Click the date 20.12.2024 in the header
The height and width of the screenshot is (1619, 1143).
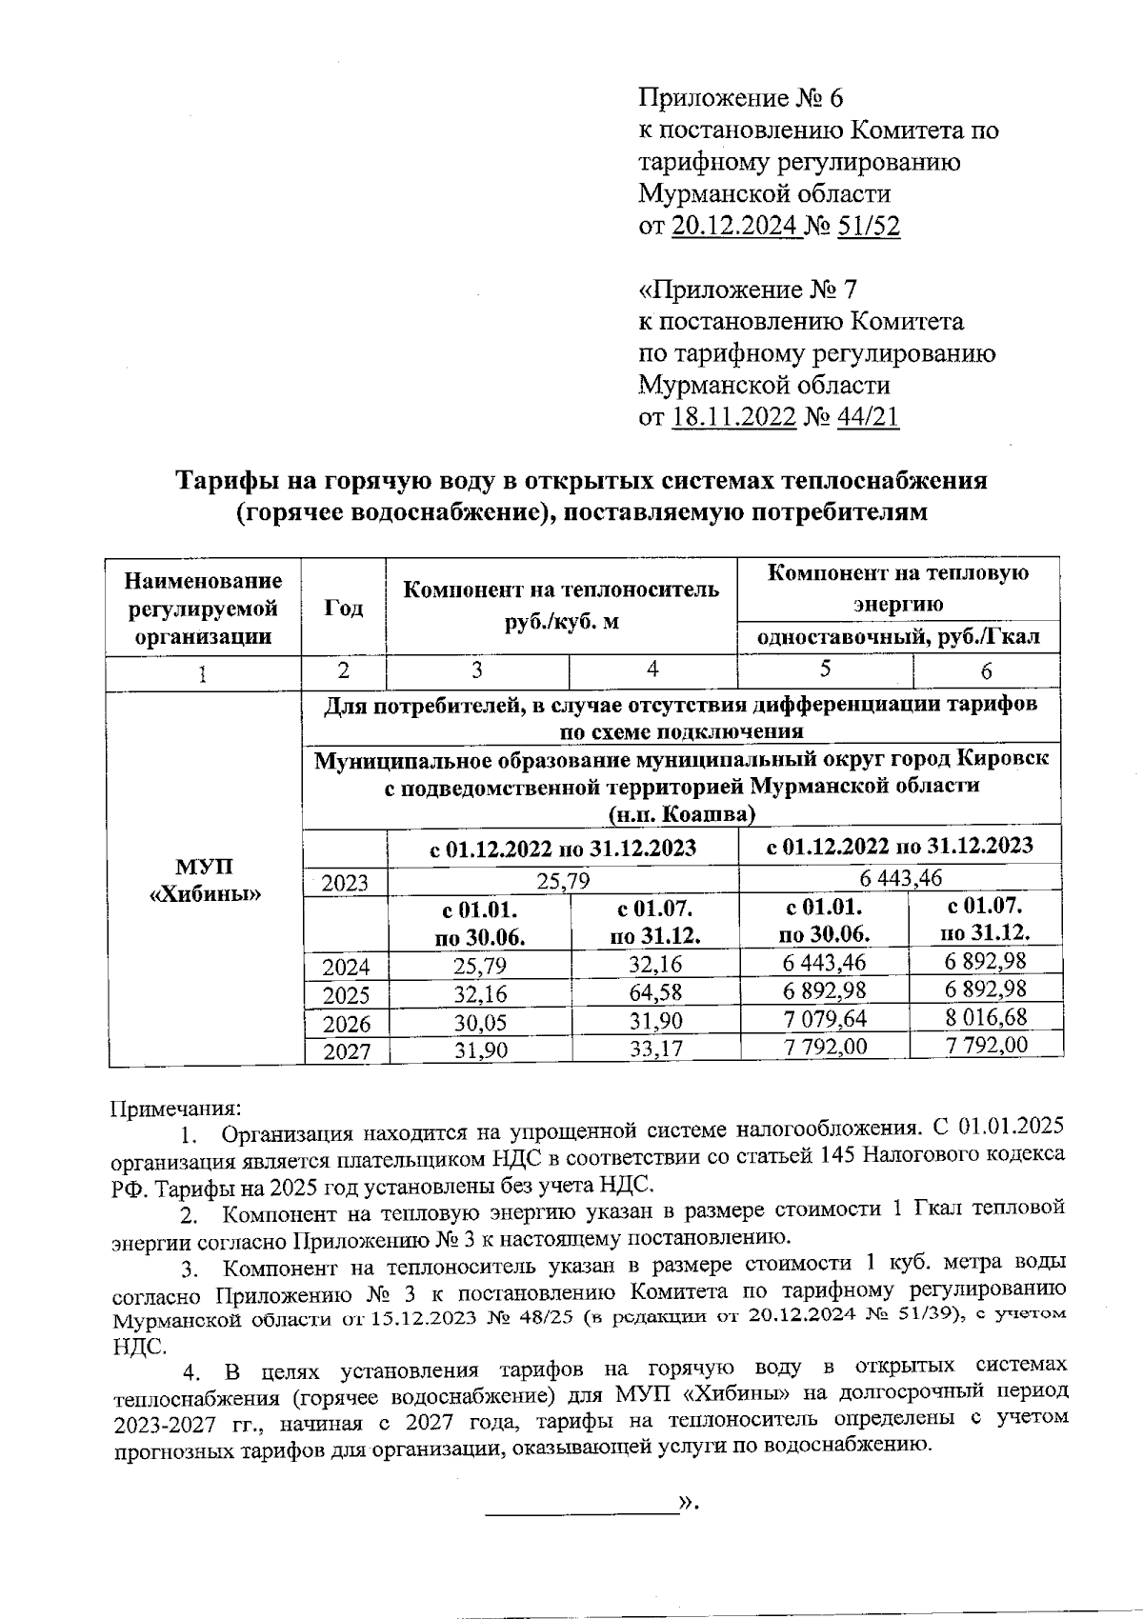736,226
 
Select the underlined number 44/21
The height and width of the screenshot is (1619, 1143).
867,417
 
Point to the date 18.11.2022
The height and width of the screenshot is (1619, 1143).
733,417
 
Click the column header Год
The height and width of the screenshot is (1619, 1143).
343,608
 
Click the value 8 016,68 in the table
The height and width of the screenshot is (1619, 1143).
986,1017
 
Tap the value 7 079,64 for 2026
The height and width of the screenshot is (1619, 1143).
825,1019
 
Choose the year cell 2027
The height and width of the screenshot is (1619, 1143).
345,1051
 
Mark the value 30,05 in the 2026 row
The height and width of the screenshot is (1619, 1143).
480,1023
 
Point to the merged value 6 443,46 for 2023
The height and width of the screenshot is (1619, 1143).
900,877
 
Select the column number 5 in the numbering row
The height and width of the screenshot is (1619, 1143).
825,669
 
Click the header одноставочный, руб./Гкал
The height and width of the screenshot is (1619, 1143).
898,637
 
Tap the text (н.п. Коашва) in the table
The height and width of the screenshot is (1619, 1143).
682,813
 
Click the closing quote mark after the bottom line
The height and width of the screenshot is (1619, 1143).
688,1505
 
